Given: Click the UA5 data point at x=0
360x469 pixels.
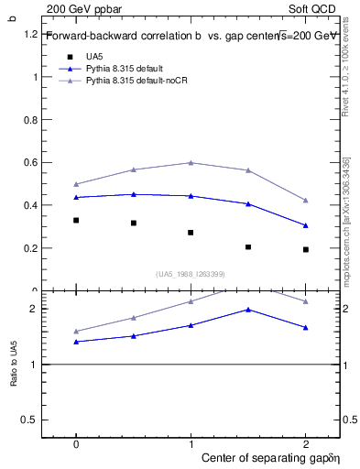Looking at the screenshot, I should pos(76,220).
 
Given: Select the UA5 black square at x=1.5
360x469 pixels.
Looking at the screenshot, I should pos(248,246).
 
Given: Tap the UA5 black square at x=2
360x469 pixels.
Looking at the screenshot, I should pos(305,249).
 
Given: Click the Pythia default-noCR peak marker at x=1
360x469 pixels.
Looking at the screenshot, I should pos(191,162).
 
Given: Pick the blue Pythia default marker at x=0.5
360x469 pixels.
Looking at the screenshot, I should pos(134,194).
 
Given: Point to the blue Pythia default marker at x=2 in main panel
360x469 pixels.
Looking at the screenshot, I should pos(305,225).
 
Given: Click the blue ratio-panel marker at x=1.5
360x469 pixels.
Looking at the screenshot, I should pos(248,310).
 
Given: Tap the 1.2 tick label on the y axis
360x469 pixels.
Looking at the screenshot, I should pos(30,34).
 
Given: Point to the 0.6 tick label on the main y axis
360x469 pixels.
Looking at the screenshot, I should pos(30,162).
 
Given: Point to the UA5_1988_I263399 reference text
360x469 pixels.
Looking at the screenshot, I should pos(191,274).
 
